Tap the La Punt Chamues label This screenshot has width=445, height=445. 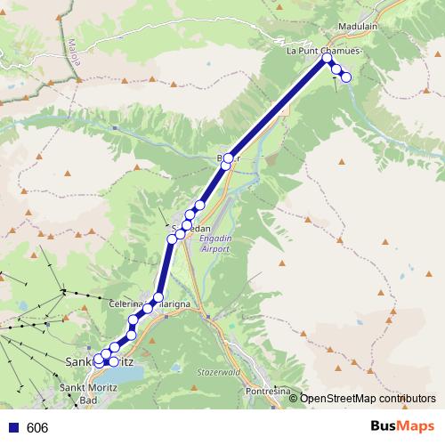(x=323, y=52)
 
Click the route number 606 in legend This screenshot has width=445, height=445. (x=37, y=428)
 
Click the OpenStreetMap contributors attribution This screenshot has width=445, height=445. (x=368, y=399)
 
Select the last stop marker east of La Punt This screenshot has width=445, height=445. (x=346, y=77)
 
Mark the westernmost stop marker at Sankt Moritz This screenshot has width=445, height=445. (x=99, y=360)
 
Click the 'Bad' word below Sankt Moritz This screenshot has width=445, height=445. (x=88, y=400)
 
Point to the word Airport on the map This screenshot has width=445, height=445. (x=215, y=249)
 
